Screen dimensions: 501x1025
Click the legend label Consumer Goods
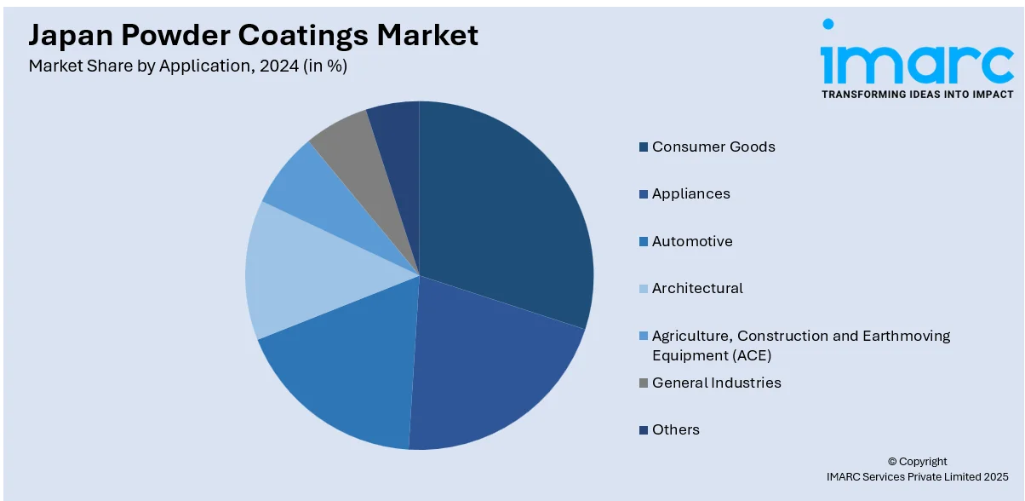(x=713, y=147)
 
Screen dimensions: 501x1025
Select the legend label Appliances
(x=690, y=193)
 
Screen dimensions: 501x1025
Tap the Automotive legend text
(x=692, y=241)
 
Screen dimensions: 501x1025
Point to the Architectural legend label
(x=697, y=288)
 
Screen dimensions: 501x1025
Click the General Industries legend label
(x=716, y=383)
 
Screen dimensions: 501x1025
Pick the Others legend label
(x=675, y=429)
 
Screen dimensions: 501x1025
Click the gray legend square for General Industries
(x=644, y=383)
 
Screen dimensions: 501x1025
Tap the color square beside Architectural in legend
(x=644, y=289)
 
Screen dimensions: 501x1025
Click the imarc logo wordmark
(x=916, y=62)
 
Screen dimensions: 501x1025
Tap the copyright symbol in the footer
(x=892, y=462)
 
